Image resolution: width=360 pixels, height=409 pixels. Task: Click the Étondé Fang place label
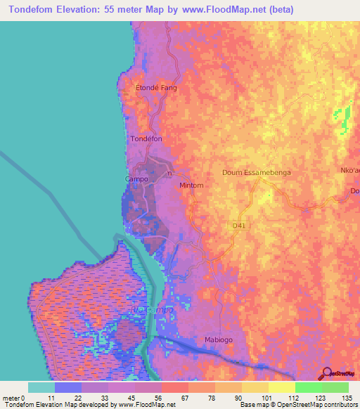155,89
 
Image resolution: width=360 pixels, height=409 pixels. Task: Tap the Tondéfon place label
146,139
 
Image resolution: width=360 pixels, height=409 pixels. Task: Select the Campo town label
136,179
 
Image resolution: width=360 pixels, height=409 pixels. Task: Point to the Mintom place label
191,186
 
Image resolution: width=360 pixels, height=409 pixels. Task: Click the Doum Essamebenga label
257,172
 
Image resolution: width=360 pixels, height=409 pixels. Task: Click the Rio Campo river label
147,309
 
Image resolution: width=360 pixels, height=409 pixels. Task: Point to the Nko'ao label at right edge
350,170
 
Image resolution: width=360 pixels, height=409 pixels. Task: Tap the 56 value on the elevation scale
148,398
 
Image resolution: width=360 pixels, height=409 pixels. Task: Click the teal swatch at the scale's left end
41,387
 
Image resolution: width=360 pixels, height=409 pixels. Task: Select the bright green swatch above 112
308,387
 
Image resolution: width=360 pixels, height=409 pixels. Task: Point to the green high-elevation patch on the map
344,118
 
